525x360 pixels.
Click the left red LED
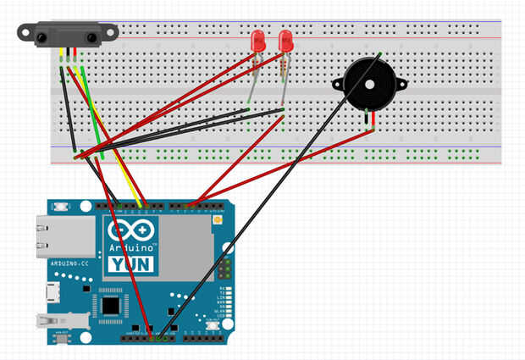[257, 41]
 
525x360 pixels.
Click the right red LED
[286, 41]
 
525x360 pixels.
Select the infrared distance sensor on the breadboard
[69, 35]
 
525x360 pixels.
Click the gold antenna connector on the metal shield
[218, 220]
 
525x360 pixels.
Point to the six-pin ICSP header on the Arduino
[224, 269]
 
